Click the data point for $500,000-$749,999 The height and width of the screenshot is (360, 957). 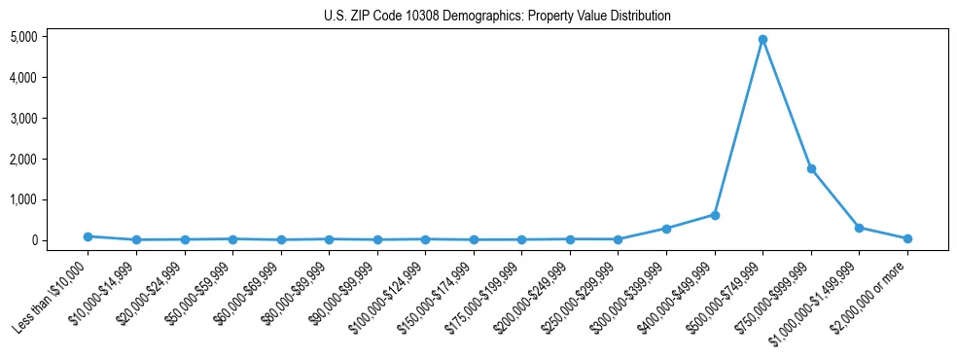point(762,40)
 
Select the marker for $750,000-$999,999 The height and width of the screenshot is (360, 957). point(810,169)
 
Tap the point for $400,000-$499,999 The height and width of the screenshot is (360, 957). point(714,215)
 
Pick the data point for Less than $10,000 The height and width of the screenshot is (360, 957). point(88,236)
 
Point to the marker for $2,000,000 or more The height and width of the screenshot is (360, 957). point(906,238)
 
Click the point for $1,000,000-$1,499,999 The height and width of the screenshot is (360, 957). point(859,228)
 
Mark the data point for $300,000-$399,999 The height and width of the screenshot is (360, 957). point(666,229)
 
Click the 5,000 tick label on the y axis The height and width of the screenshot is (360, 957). point(23,37)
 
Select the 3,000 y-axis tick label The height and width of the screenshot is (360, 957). point(23,119)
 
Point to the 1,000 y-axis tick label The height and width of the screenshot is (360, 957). point(23,199)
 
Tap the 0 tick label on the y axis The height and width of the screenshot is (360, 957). point(33,240)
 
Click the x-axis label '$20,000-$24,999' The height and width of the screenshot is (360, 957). point(148,292)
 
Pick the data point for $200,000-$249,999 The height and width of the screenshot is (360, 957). point(570,238)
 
